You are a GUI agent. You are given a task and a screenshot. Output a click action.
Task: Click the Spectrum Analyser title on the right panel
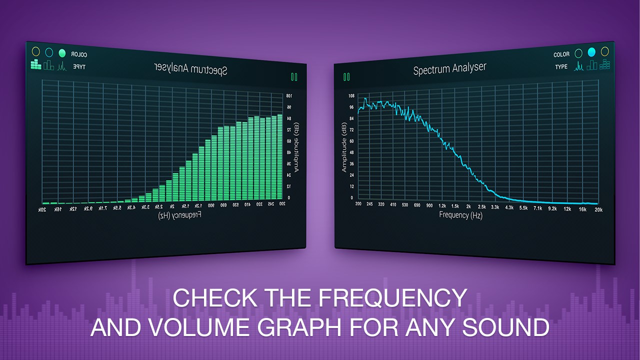tap(449, 69)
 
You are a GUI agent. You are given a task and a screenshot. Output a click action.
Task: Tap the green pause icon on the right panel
tap(346, 77)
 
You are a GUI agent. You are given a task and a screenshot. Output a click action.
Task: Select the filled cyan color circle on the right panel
tap(591, 52)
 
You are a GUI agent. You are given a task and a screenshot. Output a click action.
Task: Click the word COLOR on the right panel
tap(561, 54)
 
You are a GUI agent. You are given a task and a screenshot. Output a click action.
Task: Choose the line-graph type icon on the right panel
tap(579, 65)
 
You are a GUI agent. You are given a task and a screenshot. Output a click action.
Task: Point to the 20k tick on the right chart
tap(598, 209)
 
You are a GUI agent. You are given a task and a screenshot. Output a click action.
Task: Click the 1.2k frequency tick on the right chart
tap(442, 205)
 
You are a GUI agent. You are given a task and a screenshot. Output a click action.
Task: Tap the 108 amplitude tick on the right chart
tap(351, 95)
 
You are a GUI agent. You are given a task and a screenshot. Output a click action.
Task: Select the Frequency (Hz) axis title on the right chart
tap(460, 215)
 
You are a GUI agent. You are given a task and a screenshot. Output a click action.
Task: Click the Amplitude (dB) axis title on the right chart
tap(344, 147)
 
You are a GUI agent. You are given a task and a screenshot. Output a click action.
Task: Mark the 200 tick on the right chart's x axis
tap(358, 204)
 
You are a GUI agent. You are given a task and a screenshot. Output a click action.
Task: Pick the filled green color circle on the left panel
tap(62, 52)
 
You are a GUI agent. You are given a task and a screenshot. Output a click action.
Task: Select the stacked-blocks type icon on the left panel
tap(35, 64)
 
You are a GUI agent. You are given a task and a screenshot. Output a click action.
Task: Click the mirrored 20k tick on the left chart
tap(42, 209)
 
